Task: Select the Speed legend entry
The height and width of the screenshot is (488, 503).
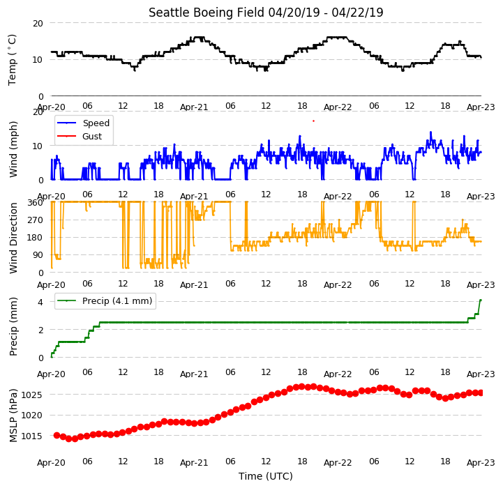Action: point(83,123)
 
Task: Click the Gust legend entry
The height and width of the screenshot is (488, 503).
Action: point(80,136)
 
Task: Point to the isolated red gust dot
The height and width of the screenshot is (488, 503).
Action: point(313,121)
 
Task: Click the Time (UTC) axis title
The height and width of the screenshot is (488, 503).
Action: point(266,476)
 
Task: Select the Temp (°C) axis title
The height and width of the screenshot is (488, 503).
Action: point(12,60)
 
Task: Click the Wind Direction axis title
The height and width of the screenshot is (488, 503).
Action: point(13,238)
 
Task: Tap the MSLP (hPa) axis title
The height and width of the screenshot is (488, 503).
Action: point(13,415)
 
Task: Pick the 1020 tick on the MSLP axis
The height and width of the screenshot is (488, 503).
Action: point(31,415)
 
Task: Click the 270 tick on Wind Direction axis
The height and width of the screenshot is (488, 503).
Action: point(36,220)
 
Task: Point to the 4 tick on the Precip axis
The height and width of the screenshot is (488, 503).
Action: point(40,302)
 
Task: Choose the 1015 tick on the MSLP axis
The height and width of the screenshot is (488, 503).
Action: point(31,436)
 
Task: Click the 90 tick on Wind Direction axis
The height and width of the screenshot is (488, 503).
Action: point(38,255)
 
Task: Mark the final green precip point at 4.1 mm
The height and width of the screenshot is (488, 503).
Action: point(481,300)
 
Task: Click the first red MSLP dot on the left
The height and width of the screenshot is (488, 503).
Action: point(57,435)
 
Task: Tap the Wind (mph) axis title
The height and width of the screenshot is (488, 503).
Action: point(13,149)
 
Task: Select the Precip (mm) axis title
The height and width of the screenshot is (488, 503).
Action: point(13,327)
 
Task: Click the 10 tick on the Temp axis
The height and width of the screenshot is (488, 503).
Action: point(38,60)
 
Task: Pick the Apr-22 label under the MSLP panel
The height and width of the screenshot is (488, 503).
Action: point(338,463)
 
